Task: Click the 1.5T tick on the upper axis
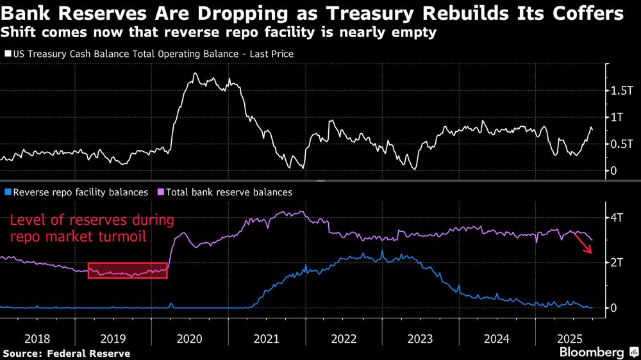tap(620, 91)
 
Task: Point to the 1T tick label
tap(617, 117)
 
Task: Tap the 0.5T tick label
tap(620, 143)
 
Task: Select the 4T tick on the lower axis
tap(615, 217)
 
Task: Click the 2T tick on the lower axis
tap(615, 263)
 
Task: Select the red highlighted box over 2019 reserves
tap(127, 270)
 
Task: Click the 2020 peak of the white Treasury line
tap(194, 74)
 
